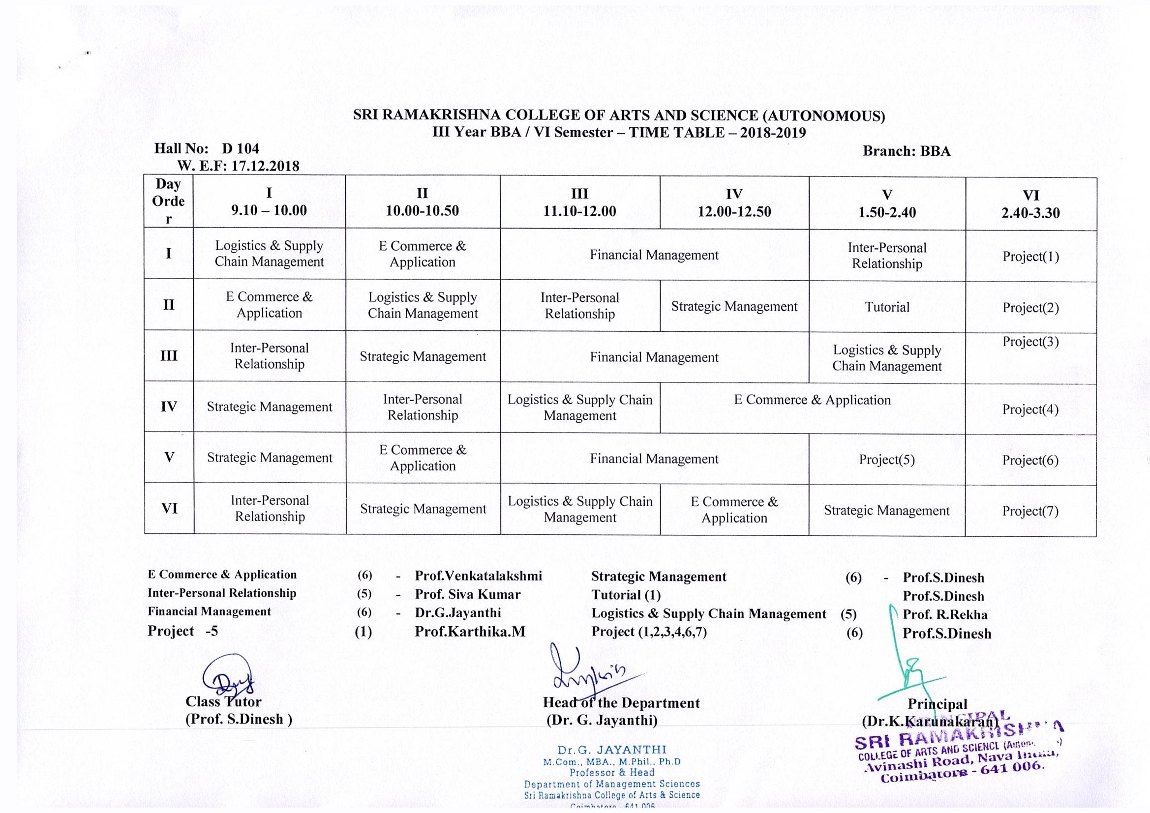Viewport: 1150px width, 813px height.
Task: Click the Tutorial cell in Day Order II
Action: click(x=886, y=307)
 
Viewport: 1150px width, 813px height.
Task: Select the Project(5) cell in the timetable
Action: click(x=886, y=460)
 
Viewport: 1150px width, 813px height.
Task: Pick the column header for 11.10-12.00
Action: click(x=579, y=202)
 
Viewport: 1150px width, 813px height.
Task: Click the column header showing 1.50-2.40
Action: click(x=886, y=203)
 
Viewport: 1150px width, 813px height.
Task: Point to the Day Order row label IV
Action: click(x=169, y=406)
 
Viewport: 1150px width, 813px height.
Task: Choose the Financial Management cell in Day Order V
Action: click(x=654, y=459)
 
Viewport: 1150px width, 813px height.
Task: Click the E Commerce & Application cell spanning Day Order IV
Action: click(x=812, y=400)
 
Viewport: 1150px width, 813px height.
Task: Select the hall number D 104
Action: click(x=241, y=148)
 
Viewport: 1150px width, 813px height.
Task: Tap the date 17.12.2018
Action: click(x=265, y=166)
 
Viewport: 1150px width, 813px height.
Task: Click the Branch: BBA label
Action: click(x=906, y=151)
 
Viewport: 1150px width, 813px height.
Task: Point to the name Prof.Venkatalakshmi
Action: click(x=478, y=576)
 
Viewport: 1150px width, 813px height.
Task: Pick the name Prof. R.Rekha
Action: click(x=944, y=615)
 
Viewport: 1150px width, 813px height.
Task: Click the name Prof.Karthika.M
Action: click(x=470, y=632)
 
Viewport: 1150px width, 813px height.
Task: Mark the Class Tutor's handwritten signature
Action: click(x=228, y=678)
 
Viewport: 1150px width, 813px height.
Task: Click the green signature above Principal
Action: click(x=907, y=666)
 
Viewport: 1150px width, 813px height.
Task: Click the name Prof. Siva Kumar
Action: click(x=467, y=594)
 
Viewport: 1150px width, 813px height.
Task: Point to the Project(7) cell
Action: click(x=1030, y=511)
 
